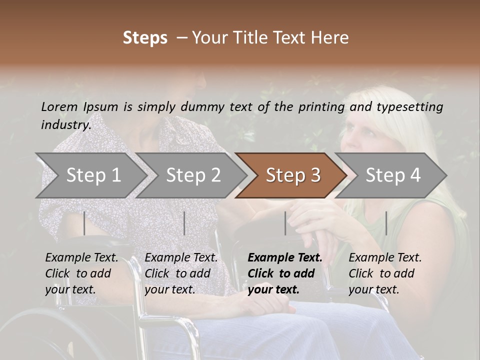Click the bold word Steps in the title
coord(145,38)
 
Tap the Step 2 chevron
coord(193,175)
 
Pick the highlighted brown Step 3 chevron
coord(292,175)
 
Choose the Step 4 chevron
coord(392,175)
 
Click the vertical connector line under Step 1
coord(84,223)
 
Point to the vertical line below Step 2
coord(184,223)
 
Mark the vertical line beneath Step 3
coord(285,223)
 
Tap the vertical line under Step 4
coord(386,223)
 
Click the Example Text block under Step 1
coord(81,273)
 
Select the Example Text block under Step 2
coord(181,273)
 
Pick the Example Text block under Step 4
coord(385,273)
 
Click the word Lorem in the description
coord(59,107)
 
